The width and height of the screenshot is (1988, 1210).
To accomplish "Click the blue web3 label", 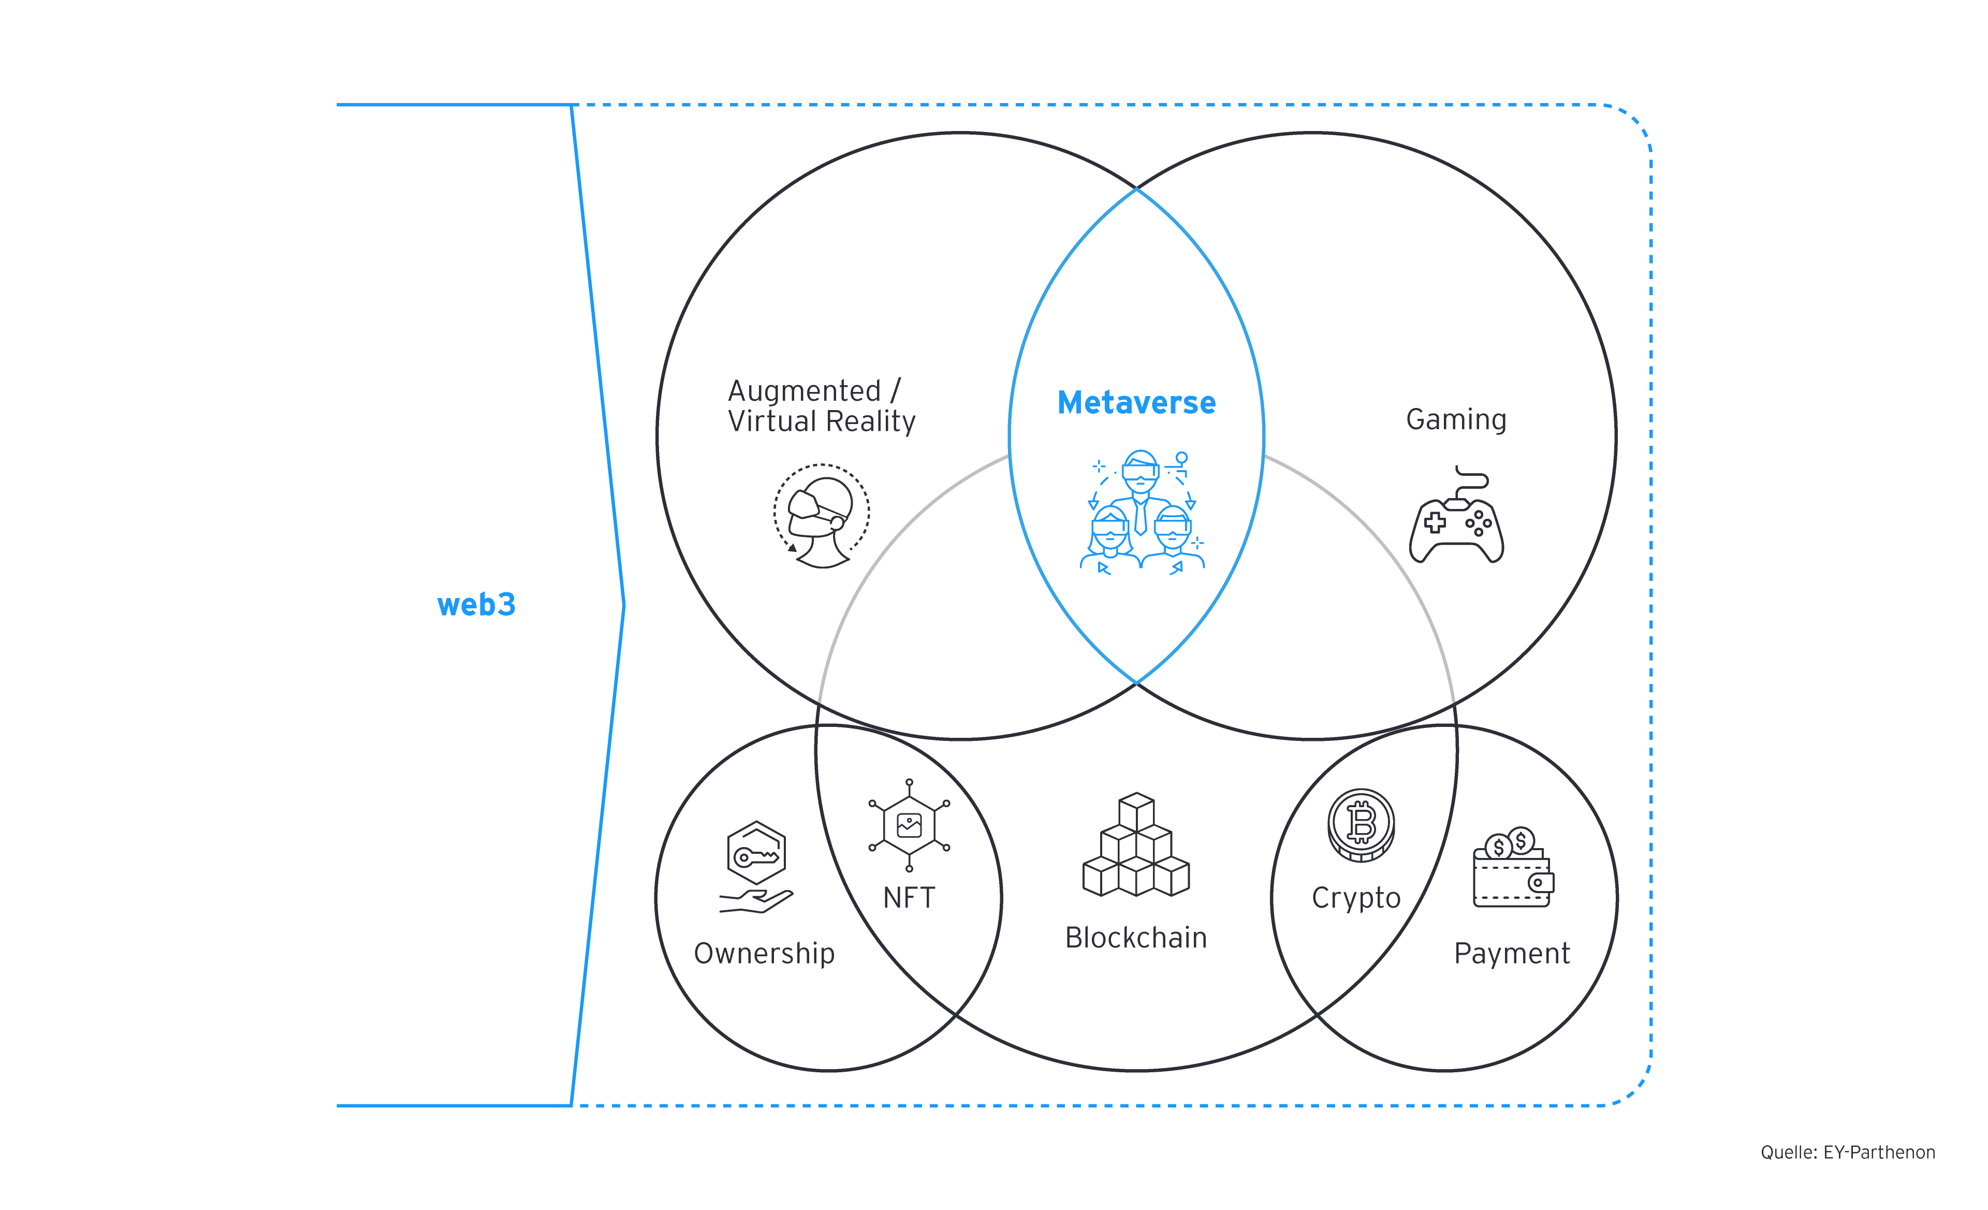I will [476, 605].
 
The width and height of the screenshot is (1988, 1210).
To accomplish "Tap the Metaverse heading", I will [1136, 402].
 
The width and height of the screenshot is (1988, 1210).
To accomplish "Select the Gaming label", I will [1455, 419].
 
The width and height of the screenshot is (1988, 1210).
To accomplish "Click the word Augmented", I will [803, 391].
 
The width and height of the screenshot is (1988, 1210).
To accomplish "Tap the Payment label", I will [1511, 954].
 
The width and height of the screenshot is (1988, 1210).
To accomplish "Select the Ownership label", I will [764, 954].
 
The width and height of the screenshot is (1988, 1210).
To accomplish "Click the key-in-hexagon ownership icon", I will [756, 853].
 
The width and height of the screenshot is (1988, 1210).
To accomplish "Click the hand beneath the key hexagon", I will [756, 901].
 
